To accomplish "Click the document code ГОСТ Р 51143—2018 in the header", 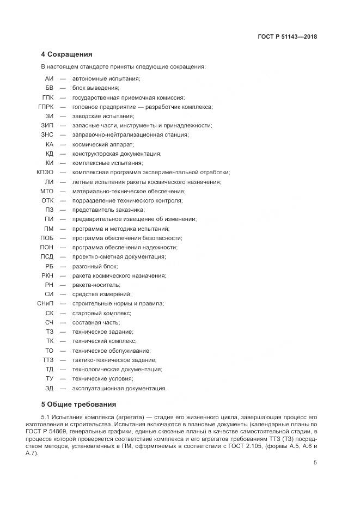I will point(287,37).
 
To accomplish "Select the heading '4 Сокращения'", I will point(66,54).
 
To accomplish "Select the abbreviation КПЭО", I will point(45,172).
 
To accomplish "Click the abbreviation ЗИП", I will point(47,125).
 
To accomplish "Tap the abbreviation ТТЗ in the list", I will point(47,360).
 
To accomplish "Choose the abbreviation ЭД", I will point(49,388).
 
